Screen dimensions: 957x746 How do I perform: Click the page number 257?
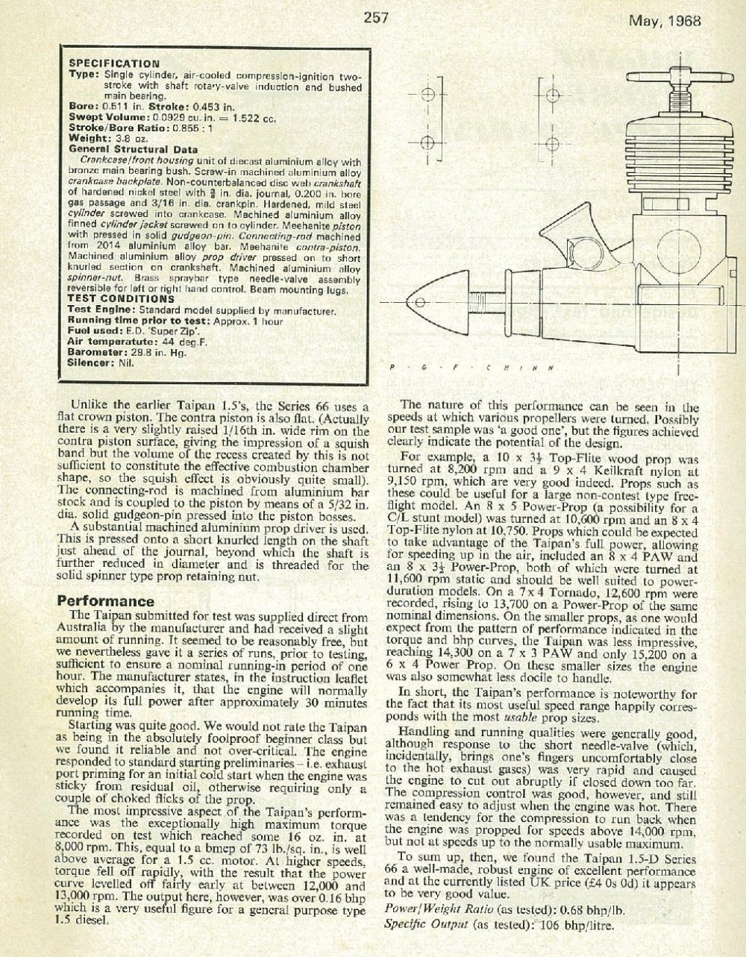[374, 19]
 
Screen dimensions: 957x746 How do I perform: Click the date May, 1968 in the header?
[665, 21]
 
